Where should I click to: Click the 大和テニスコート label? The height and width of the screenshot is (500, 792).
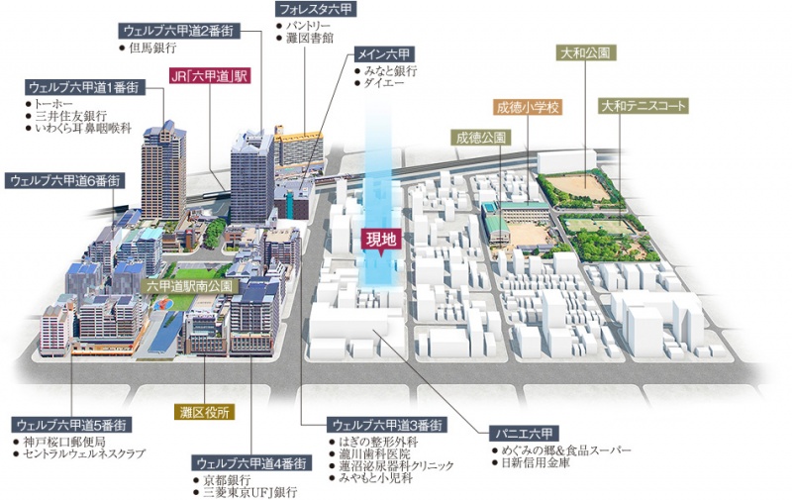click(x=643, y=104)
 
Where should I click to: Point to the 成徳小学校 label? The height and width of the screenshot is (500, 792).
click(x=528, y=106)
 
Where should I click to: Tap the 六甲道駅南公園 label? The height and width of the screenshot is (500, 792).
click(x=190, y=286)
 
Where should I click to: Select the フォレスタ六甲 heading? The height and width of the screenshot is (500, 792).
click(x=315, y=9)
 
